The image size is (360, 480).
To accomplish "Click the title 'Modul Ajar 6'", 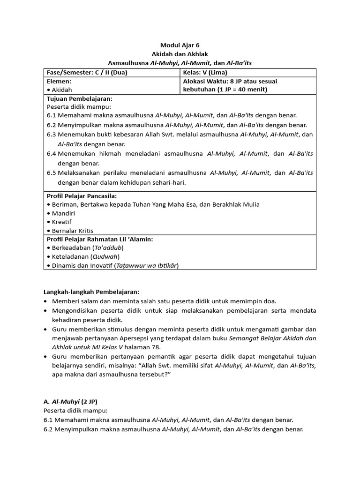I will (180, 45).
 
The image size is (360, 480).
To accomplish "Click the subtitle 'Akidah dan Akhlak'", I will (180, 54).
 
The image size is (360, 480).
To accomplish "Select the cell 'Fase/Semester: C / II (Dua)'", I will (87, 73).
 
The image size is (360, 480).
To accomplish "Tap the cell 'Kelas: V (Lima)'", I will (205, 73).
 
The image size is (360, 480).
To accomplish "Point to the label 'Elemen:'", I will (59, 81).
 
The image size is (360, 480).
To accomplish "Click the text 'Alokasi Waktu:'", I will (205, 81).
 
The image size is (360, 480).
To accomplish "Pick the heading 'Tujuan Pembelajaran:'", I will (79, 99).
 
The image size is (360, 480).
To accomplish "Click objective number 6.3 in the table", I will (52, 135).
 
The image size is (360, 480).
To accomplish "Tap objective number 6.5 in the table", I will (52, 173).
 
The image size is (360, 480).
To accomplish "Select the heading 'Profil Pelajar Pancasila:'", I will (82, 195).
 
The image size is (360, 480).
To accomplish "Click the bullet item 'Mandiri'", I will (63, 213).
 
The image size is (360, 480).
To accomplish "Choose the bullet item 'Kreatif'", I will (62, 222).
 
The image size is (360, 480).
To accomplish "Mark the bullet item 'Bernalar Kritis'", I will (73, 231).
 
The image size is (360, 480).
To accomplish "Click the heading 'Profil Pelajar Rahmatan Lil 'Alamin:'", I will (100, 239).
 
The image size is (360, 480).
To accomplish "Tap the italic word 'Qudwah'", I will (105, 257).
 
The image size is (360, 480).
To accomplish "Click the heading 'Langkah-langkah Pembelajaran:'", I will (91, 292).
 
